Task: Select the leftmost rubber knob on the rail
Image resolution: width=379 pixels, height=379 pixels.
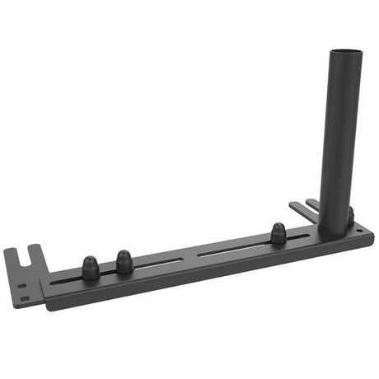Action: pos(90,266)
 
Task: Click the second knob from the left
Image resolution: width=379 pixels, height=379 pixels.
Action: pos(124,261)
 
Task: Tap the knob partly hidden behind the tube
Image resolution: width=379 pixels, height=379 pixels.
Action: pos(350,216)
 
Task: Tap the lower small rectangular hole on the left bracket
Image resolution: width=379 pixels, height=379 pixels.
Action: pos(25,297)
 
